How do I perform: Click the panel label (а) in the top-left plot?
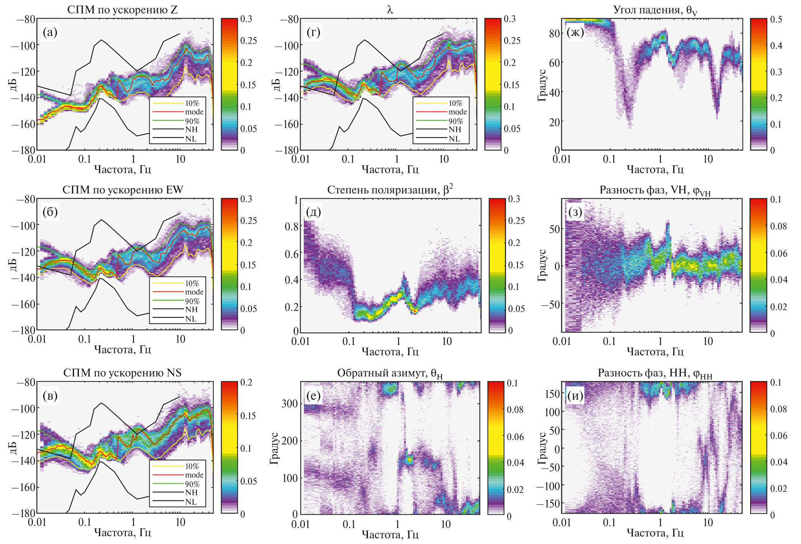click(x=50, y=33)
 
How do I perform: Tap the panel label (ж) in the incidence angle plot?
click(x=575, y=33)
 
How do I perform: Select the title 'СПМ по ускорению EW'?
click(x=123, y=190)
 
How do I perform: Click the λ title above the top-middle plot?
click(x=390, y=9)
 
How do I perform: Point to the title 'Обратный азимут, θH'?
click(x=390, y=373)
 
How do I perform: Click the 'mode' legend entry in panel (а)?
click(x=194, y=112)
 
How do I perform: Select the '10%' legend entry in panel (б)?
click(x=192, y=283)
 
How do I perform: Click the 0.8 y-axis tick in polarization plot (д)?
click(x=292, y=226)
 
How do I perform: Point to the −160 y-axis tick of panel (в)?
click(x=24, y=487)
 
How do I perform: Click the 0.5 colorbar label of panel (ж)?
click(x=776, y=20)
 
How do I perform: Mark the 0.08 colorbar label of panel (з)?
click(x=778, y=226)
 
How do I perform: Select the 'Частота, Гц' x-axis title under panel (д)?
click(x=390, y=352)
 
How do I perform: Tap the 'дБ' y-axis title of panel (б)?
click(x=13, y=265)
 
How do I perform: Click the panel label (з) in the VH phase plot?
click(x=575, y=212)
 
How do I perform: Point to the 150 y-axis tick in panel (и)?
click(x=552, y=393)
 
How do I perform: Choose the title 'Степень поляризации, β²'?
click(x=390, y=189)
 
